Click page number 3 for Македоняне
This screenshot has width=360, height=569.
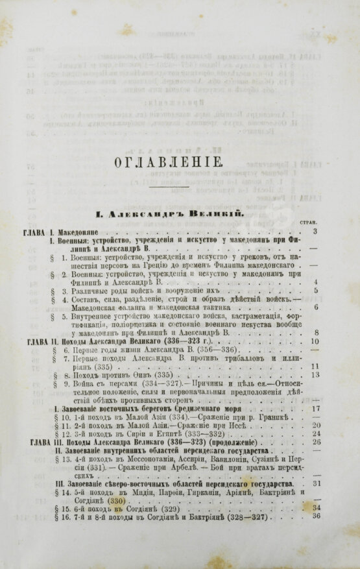tap(314, 231)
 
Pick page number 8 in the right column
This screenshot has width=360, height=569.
tap(315, 332)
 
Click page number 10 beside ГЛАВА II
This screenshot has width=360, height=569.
tap(315, 341)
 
